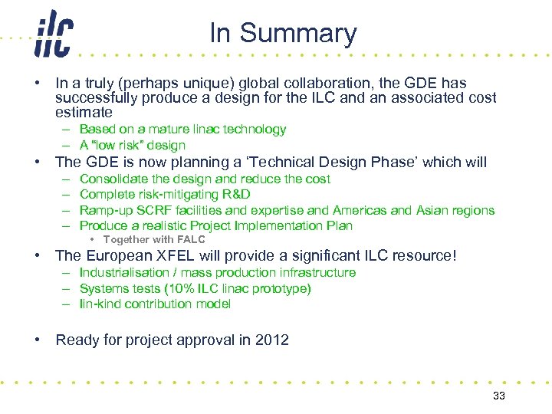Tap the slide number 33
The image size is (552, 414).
(x=499, y=396)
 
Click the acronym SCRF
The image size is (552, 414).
(x=156, y=210)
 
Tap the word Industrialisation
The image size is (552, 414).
(x=123, y=273)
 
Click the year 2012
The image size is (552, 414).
(x=271, y=340)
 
